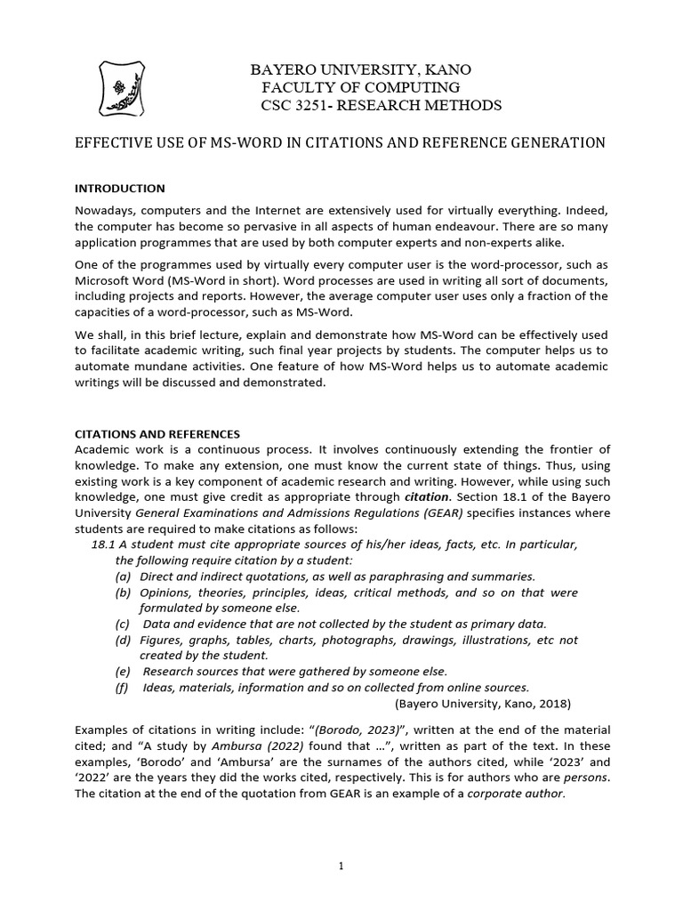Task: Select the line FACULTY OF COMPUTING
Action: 360,87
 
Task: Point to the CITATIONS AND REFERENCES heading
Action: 155,433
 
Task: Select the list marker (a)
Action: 125,576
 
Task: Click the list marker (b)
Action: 125,593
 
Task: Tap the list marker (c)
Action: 125,624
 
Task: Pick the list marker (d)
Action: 125,640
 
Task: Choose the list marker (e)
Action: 125,671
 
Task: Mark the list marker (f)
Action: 124,687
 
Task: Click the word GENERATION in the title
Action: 556,142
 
